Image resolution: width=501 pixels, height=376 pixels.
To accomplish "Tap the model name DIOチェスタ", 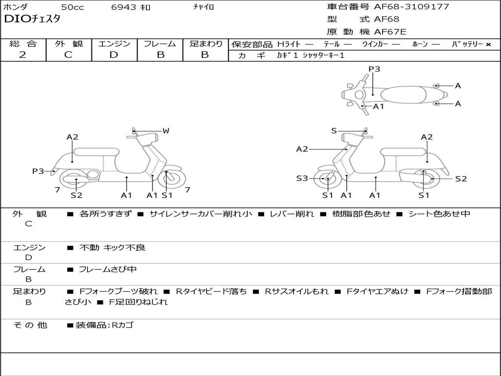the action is tap(32, 20).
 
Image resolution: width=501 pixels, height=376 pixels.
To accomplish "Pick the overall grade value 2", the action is tap(23, 55).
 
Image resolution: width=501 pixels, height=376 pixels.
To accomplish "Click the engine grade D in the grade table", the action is tap(114, 55).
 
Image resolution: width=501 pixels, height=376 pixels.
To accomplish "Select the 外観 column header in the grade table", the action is tap(68, 44).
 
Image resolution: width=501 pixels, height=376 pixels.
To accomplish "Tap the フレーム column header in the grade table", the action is tap(159, 44).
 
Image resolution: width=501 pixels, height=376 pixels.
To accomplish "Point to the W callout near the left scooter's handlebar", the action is tap(166, 131).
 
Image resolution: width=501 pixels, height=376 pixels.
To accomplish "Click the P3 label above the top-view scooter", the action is tap(374, 69).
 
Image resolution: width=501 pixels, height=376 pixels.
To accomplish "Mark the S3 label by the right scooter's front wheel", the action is tap(302, 179).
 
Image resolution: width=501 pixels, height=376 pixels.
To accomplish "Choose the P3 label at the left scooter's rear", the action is tap(38, 171).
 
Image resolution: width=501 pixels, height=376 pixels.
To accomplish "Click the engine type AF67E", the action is tap(390, 32).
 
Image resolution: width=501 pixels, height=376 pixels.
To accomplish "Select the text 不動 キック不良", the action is tap(112, 248).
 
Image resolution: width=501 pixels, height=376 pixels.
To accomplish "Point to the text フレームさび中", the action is tap(108, 269).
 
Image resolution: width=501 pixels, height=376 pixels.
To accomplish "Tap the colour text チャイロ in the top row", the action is tap(204, 7).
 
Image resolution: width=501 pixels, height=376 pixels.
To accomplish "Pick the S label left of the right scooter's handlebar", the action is tap(334, 131).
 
